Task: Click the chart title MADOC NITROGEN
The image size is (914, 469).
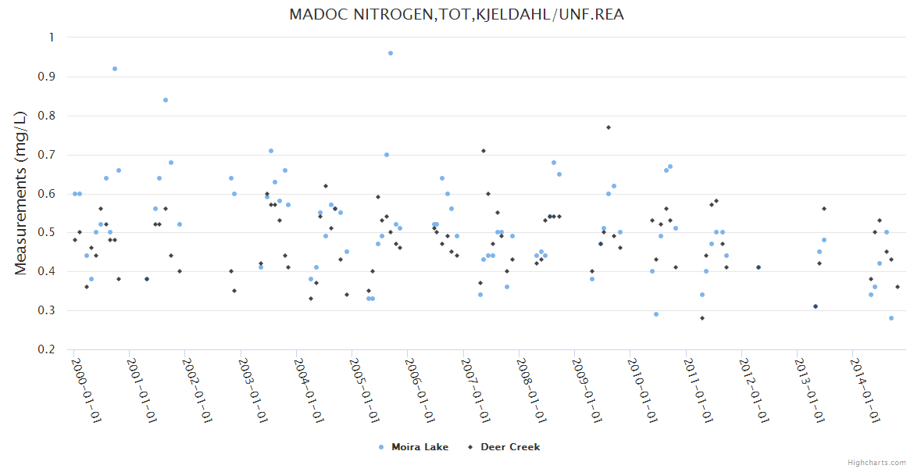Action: click(x=456, y=14)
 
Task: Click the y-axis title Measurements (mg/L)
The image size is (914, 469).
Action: click(x=21, y=192)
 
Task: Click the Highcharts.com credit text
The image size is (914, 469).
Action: click(x=877, y=462)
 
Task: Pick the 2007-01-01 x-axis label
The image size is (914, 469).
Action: click(x=476, y=388)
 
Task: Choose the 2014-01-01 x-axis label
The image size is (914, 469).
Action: click(x=865, y=388)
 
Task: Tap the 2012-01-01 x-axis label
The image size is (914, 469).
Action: click(x=754, y=388)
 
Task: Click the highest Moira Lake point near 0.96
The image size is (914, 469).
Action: click(x=391, y=53)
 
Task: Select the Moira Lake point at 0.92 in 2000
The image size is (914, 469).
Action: click(x=115, y=69)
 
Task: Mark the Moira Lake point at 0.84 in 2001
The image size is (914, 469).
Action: click(x=166, y=100)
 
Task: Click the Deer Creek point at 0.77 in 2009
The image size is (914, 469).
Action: click(x=609, y=127)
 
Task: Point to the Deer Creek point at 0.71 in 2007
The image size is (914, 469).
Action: click(x=484, y=151)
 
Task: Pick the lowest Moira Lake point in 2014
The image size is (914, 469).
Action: click(x=891, y=318)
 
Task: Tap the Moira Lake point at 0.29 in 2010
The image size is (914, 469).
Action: click(x=656, y=314)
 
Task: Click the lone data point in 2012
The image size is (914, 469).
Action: click(x=759, y=267)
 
